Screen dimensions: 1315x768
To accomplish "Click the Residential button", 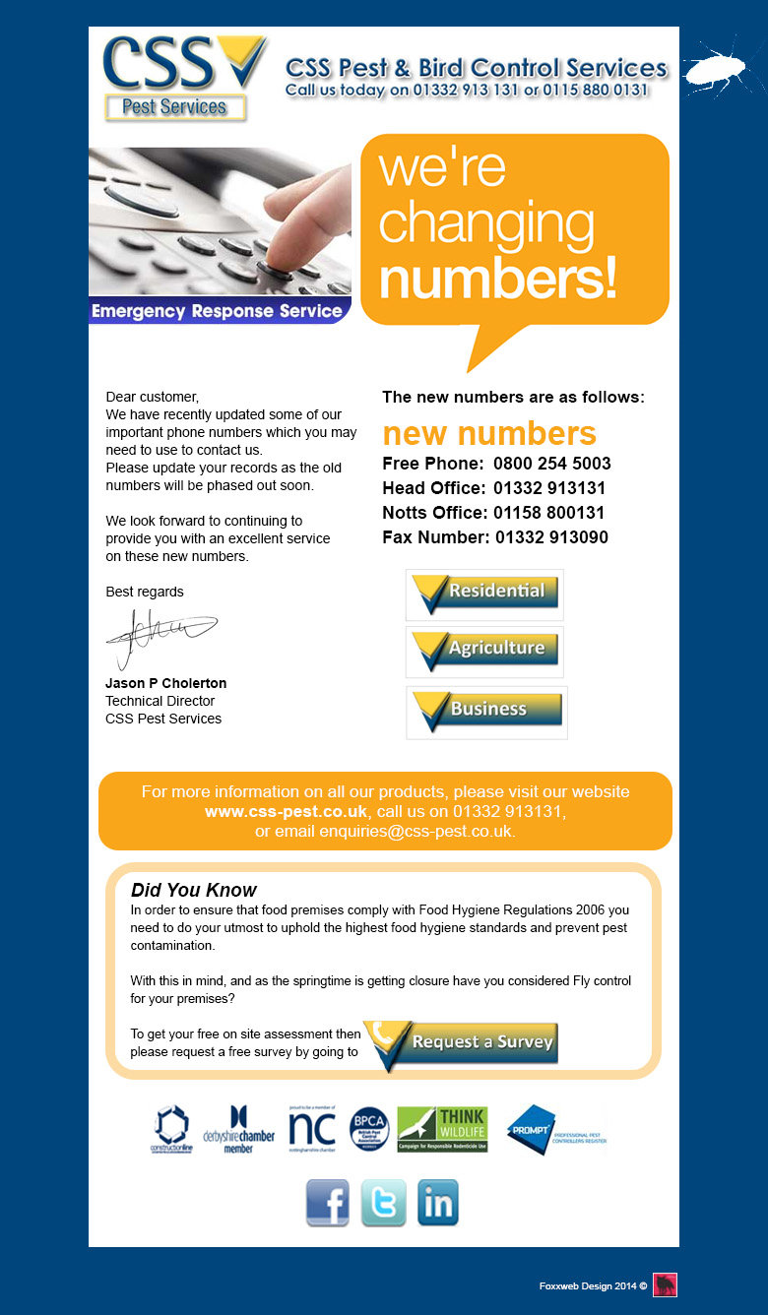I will tap(484, 594).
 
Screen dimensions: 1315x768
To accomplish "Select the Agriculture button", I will tap(484, 651).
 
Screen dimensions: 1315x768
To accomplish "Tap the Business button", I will tap(486, 711).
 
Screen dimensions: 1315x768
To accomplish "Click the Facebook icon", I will tap(327, 1202).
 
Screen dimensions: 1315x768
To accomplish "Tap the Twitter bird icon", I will tap(383, 1202).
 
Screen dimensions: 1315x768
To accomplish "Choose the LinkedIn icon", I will tap(438, 1202).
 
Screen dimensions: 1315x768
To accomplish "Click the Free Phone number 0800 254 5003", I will tap(551, 464).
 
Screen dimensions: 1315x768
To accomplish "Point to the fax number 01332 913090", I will tap(551, 537).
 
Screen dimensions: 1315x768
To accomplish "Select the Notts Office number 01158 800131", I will tap(548, 513).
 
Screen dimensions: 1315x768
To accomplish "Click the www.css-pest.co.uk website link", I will tap(286, 812).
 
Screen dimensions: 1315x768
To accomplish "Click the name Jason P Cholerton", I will tap(165, 683).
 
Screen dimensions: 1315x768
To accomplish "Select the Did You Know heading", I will tap(194, 891).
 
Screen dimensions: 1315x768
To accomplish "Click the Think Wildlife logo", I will tap(442, 1129).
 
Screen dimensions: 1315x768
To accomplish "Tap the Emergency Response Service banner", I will tap(217, 311).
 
